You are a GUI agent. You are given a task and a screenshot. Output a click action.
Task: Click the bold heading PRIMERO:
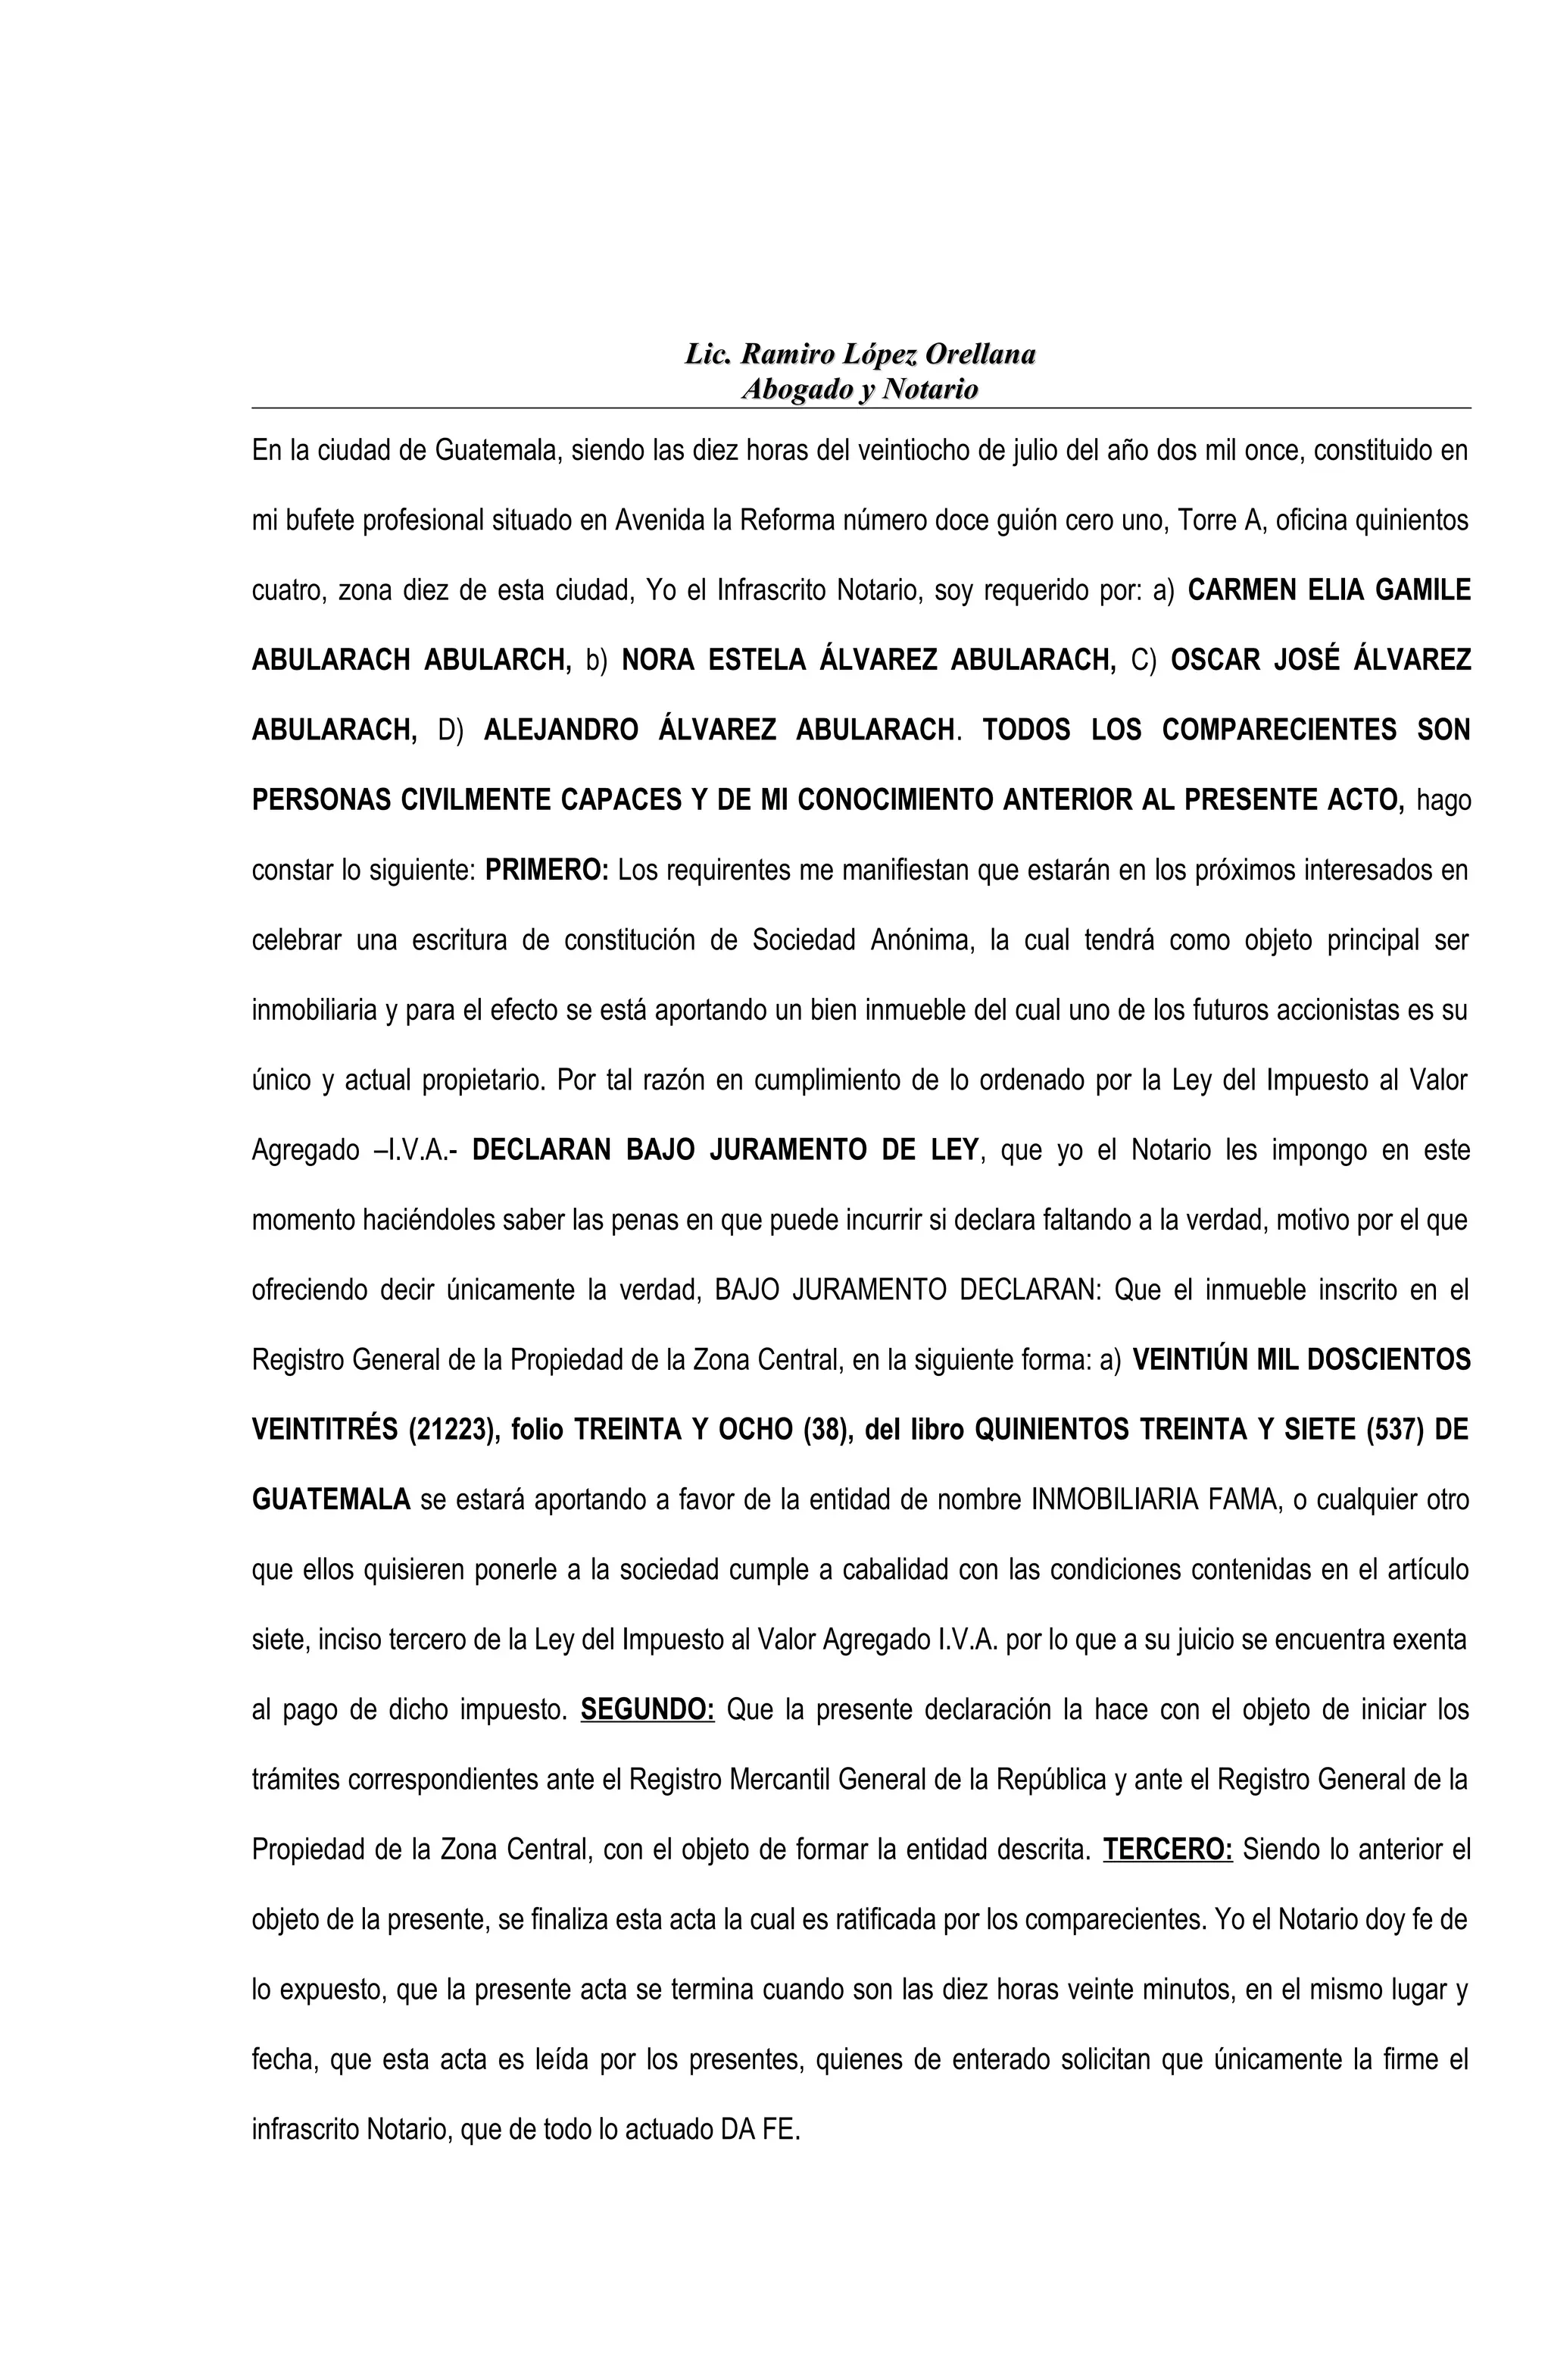coord(546,871)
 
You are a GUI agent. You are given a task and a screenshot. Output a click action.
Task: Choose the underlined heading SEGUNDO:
coord(647,1710)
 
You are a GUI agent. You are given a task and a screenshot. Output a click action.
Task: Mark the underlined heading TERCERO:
coord(1167,1849)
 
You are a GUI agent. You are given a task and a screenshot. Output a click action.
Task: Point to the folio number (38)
coord(827,1430)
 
